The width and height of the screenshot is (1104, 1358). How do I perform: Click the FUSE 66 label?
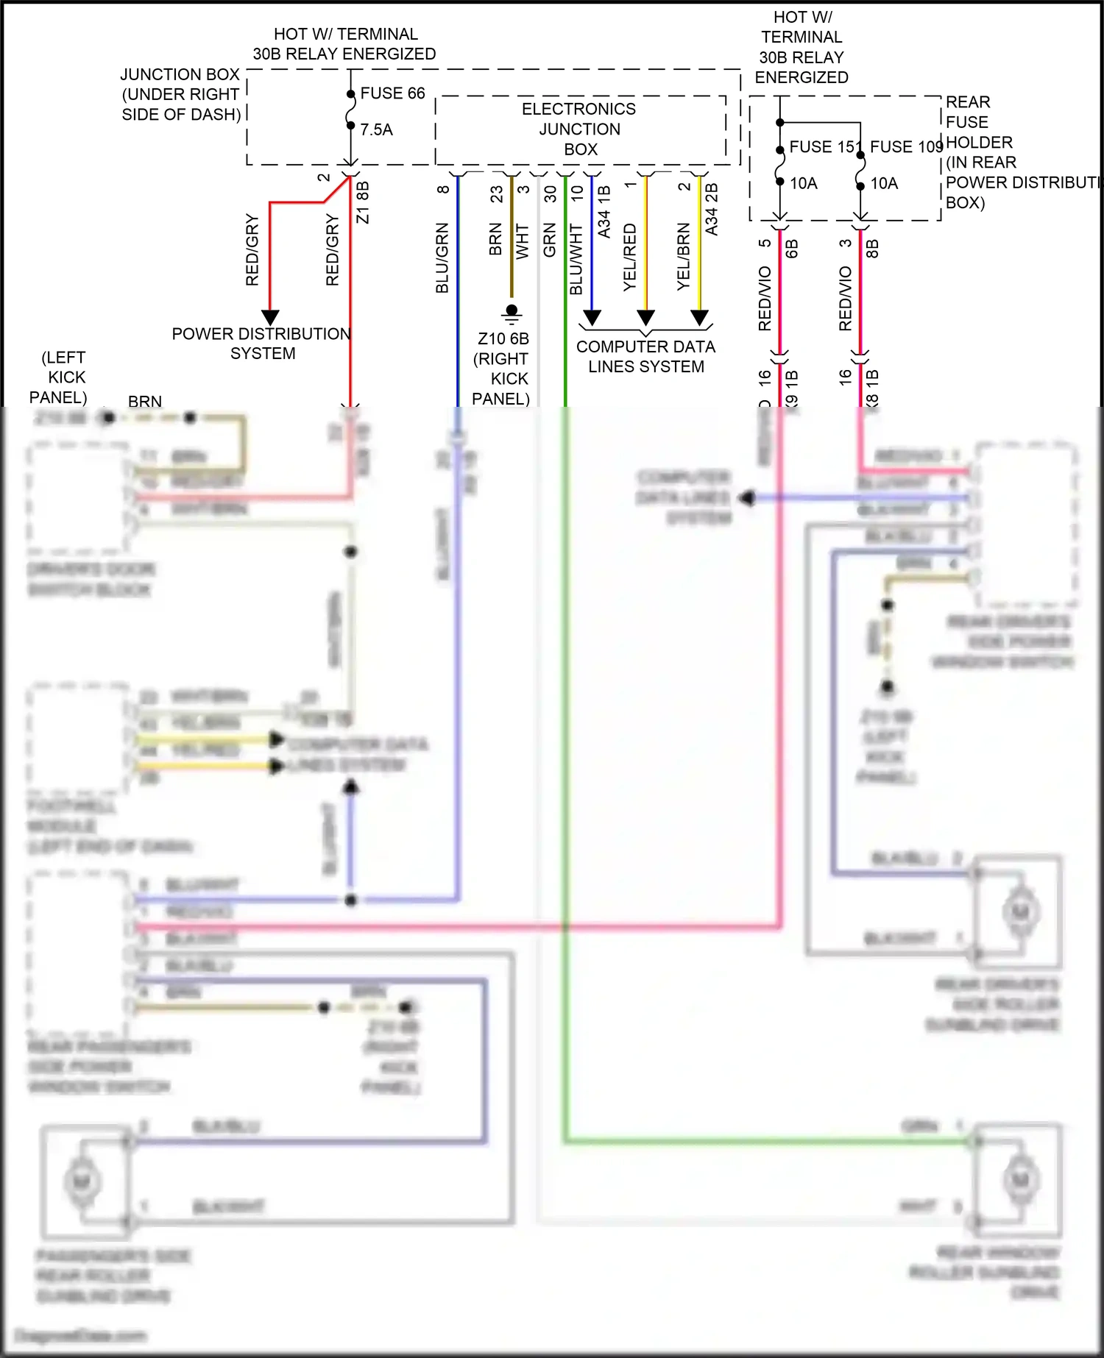pos(392,93)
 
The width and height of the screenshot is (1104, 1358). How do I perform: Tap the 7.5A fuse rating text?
pos(376,129)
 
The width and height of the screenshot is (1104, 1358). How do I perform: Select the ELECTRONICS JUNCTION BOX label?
pos(579,129)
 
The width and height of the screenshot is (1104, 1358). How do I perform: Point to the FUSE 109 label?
pos(906,147)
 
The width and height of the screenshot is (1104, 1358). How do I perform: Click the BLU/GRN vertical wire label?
pos(442,257)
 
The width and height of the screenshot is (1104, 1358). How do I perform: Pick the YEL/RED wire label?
pos(630,257)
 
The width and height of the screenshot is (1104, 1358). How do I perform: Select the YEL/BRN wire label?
pos(684,256)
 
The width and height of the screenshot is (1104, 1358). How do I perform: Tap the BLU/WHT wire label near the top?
pos(576,259)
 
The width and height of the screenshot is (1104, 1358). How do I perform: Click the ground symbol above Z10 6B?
pos(512,314)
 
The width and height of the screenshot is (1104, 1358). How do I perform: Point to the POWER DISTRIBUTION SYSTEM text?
pos(262,344)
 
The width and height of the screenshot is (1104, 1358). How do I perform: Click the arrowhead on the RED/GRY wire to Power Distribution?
pos(270,318)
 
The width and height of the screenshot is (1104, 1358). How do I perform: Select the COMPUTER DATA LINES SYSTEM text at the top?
pos(645,357)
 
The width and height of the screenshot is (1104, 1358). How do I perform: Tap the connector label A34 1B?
pos(604,212)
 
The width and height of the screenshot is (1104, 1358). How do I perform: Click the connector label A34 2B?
pos(711,210)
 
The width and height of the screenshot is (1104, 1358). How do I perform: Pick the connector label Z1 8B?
pos(362,202)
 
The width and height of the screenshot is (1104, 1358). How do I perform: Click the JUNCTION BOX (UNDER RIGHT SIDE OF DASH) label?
pos(181,94)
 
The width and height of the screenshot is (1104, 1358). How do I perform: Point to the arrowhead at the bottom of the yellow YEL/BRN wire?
pos(699,318)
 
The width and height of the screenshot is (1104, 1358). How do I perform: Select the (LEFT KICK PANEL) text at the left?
pos(59,377)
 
